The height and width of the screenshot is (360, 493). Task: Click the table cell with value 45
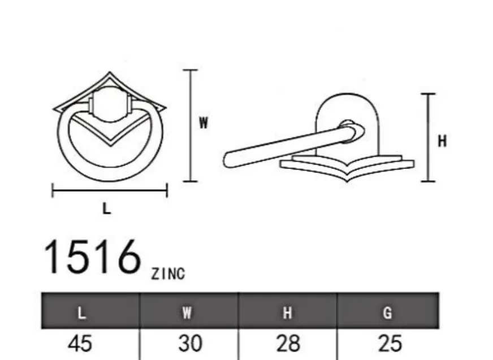80,344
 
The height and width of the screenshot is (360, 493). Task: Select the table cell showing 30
190,344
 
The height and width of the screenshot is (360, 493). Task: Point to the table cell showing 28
288,344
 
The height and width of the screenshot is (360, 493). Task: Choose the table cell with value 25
390,344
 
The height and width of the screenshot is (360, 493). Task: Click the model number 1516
92,257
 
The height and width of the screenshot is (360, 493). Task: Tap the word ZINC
168,274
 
